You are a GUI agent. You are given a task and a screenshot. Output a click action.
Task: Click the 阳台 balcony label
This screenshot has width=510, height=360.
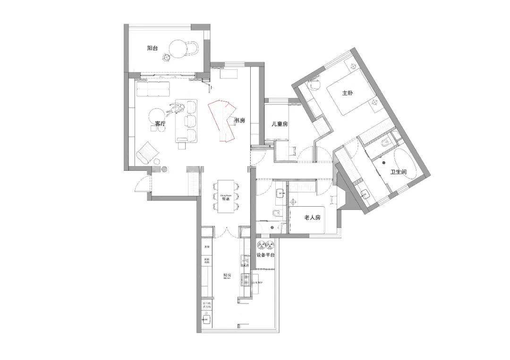click(x=152, y=48)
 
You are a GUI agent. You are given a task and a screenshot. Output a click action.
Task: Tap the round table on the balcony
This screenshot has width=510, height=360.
click(x=178, y=48)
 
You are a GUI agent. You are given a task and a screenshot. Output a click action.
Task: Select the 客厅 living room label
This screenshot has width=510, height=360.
click(x=161, y=124)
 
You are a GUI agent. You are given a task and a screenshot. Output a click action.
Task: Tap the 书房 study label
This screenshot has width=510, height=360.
click(x=240, y=120)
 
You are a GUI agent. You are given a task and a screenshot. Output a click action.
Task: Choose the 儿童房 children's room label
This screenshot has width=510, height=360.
click(x=280, y=124)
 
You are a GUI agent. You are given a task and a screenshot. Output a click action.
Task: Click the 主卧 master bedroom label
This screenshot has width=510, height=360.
click(x=348, y=93)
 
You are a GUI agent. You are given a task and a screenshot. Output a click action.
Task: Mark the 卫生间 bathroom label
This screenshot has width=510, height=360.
click(x=398, y=173)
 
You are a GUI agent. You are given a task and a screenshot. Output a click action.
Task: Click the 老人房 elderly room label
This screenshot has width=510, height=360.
click(x=313, y=218)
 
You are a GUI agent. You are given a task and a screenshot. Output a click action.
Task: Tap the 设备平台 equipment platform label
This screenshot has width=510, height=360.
click(x=265, y=255)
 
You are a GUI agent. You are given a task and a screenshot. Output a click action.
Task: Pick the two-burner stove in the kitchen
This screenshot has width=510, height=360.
click(x=245, y=279)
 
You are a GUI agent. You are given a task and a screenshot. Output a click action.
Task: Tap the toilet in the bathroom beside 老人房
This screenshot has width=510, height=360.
click(x=277, y=214)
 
